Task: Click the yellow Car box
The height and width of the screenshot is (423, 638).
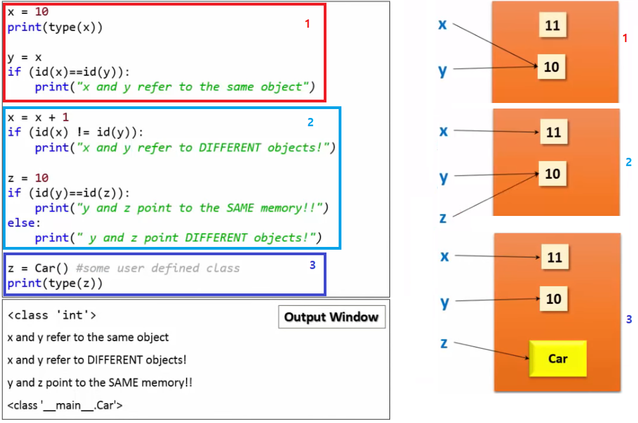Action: point(558,359)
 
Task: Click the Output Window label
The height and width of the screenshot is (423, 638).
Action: point(331,317)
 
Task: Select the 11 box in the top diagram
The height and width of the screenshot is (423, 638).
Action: point(552,25)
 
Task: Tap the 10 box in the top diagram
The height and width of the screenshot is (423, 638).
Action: point(551,67)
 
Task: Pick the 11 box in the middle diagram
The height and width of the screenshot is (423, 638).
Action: point(553,132)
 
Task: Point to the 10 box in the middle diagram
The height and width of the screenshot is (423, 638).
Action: point(552,174)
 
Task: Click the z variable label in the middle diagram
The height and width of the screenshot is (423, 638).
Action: point(443,218)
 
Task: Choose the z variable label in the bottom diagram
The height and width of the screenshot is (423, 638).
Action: point(444,343)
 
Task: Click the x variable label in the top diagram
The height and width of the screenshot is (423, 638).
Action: point(443,24)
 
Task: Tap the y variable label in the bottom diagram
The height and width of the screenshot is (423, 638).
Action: point(444,302)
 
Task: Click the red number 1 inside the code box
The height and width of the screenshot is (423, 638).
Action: point(308,24)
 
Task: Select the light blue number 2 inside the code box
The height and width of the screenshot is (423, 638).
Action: point(310,122)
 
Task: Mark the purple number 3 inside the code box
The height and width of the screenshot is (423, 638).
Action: point(312,265)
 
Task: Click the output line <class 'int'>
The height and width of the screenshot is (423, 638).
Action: point(52,316)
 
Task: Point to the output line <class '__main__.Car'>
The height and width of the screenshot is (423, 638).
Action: point(65,405)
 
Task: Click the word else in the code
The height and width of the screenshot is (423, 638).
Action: point(20,223)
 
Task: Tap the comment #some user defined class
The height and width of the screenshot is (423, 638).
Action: point(158,269)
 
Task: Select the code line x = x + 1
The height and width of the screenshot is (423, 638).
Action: point(38,117)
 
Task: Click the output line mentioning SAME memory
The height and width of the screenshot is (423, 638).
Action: point(100,383)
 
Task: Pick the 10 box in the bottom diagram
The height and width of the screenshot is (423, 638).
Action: point(553,300)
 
